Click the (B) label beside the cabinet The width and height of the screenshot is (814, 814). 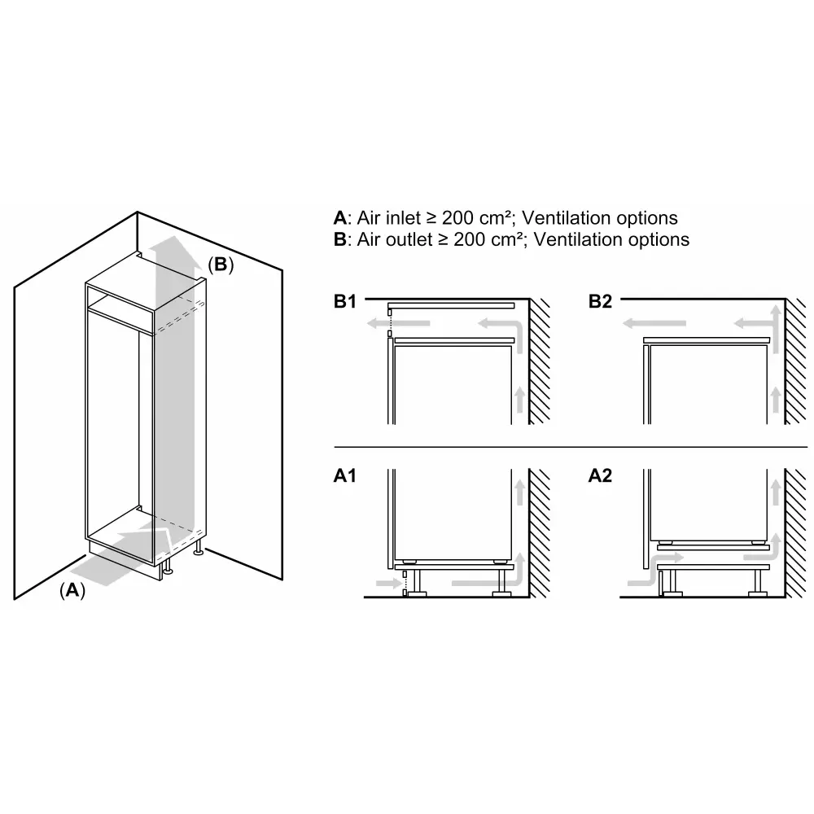[221, 265]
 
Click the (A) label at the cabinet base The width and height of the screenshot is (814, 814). [72, 590]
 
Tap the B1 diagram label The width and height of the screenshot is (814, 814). [345, 301]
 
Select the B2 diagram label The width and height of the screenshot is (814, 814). [600, 301]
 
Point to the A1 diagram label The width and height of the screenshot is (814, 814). [345, 475]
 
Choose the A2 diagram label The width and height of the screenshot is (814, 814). [600, 475]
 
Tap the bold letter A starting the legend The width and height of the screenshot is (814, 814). [340, 218]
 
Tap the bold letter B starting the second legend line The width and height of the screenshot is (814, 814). [340, 239]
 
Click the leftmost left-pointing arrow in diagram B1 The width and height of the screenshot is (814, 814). [398, 323]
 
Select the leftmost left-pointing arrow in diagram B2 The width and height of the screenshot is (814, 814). [654, 323]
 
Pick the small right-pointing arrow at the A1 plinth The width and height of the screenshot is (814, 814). [389, 584]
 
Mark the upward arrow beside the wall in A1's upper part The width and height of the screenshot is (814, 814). [519, 492]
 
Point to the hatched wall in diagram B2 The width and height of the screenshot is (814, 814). [796, 361]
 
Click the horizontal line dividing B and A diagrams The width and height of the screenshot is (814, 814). [571, 446]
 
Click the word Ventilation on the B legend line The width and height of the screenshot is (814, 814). [577, 239]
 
